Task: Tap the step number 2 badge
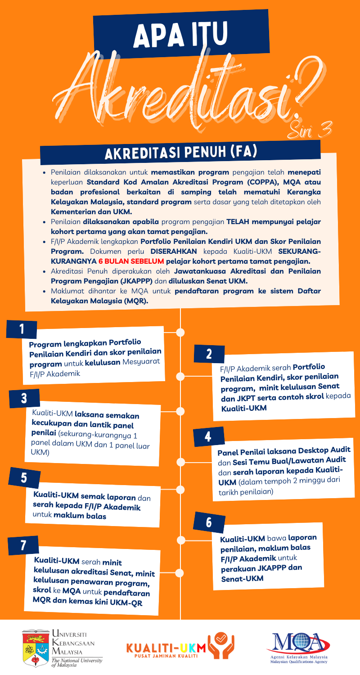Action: (x=209, y=353)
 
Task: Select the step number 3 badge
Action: (x=24, y=398)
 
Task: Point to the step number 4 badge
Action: (x=207, y=436)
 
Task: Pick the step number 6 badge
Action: (x=208, y=522)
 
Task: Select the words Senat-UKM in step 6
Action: (x=242, y=578)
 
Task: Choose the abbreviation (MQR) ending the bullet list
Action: (x=133, y=301)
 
